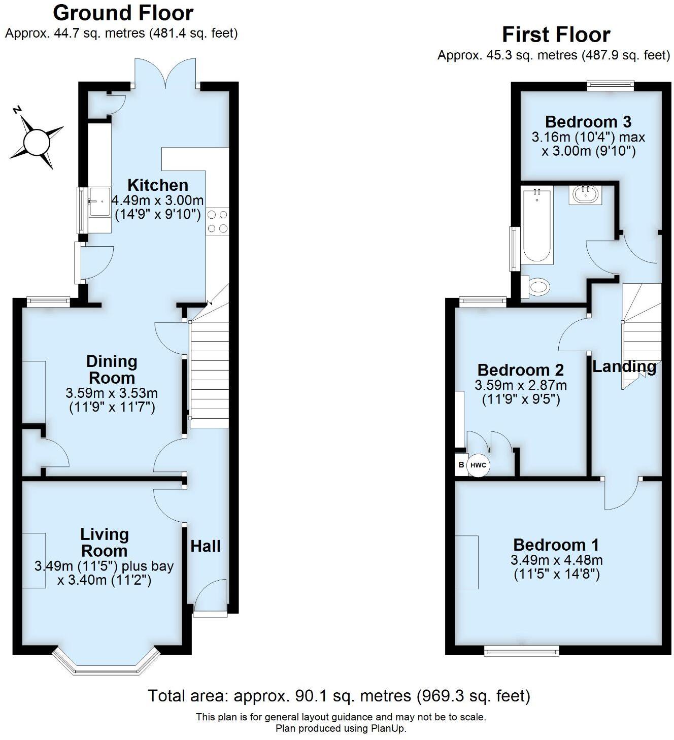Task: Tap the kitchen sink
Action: pyautogui.click(x=99, y=201)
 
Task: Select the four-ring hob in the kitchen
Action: pyautogui.click(x=217, y=222)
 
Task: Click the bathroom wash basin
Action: pyautogui.click(x=585, y=193)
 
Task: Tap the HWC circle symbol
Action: pyautogui.click(x=478, y=465)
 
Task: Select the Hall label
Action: pyautogui.click(x=206, y=546)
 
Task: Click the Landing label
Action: pyautogui.click(x=624, y=366)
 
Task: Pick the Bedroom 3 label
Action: pyautogui.click(x=588, y=122)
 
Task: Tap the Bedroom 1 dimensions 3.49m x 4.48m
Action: pyautogui.click(x=556, y=560)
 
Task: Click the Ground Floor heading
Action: pyautogui.click(x=123, y=13)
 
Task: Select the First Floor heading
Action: pyautogui.click(x=556, y=35)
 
